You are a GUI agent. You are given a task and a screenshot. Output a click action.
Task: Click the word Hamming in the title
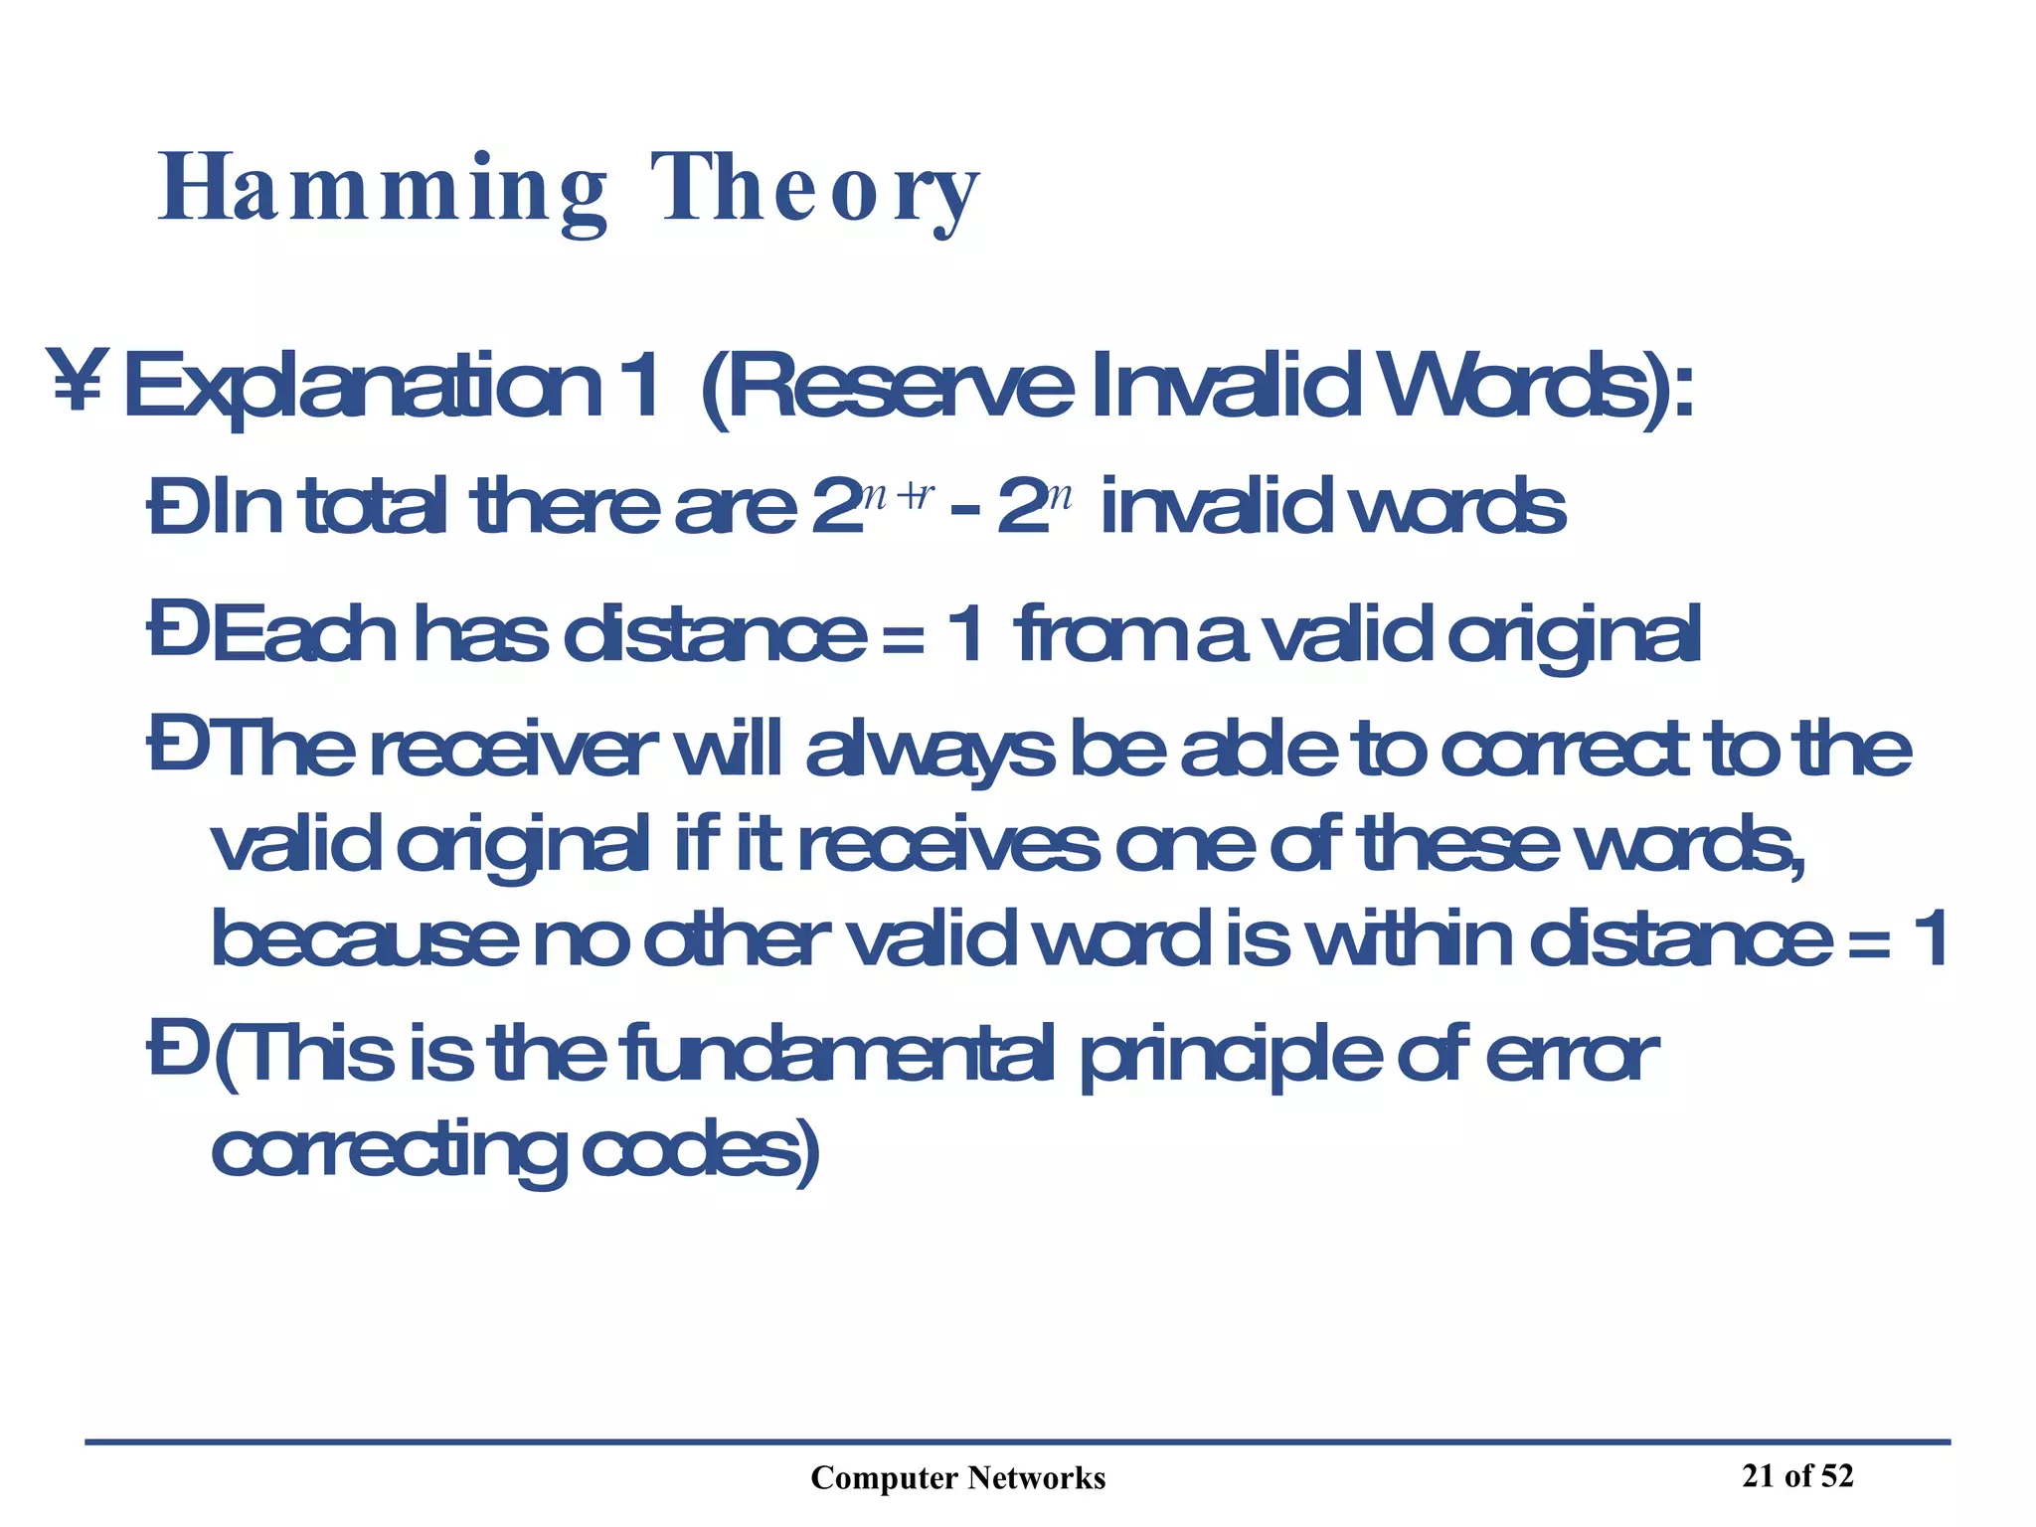(x=383, y=190)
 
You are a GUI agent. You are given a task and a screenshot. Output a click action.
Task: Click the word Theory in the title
(x=815, y=190)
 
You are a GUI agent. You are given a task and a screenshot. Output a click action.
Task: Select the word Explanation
(x=362, y=388)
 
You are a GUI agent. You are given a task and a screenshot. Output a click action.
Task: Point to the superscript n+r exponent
(x=896, y=493)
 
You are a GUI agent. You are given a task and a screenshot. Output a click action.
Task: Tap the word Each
(x=304, y=634)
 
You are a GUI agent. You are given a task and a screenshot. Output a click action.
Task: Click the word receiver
(x=513, y=751)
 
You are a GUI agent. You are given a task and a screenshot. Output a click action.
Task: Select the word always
(x=929, y=753)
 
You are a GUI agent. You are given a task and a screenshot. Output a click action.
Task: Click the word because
(x=364, y=939)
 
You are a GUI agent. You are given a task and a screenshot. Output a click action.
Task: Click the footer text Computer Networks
(x=957, y=1478)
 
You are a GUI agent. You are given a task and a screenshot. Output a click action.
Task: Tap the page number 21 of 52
(x=1797, y=1475)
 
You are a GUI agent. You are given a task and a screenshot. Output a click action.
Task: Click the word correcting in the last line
(x=388, y=1153)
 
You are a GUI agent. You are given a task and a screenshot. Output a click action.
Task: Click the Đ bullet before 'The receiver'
(x=177, y=749)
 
